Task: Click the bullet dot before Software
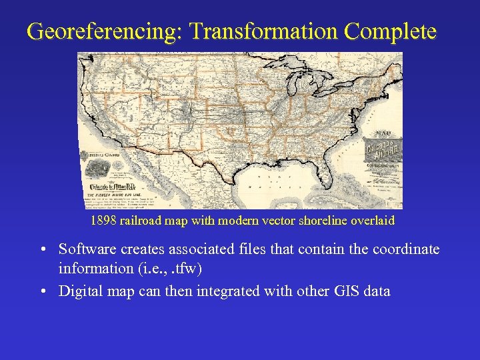tap(42, 250)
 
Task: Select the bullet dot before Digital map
tap(42, 291)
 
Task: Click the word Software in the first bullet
tap(87, 249)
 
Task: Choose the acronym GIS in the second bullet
tap(343, 291)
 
